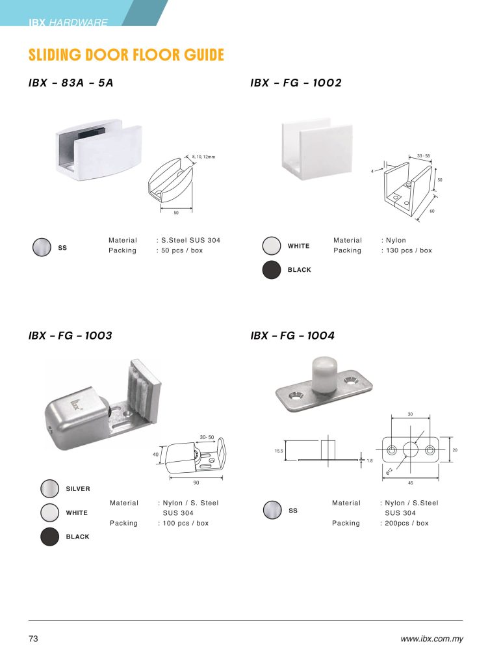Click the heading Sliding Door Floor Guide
tap(126, 55)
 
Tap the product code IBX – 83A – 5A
tap(71, 83)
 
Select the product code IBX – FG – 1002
tap(296, 83)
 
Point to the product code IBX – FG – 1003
tap(70, 336)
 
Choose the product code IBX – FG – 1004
tap(292, 336)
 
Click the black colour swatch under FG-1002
tap(272, 270)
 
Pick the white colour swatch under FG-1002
tap(272, 245)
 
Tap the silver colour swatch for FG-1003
tap(49, 488)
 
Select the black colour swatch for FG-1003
tap(49, 537)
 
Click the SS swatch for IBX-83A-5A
tap(42, 247)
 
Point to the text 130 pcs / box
tap(409, 250)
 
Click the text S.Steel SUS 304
tap(190, 240)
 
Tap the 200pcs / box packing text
tap(406, 524)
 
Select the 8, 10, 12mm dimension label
tap(203, 157)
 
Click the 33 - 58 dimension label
tap(423, 156)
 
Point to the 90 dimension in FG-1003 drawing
tap(196, 483)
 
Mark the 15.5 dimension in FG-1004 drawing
tap(279, 451)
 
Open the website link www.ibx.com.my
tap(432, 639)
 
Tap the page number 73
tap(33, 639)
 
